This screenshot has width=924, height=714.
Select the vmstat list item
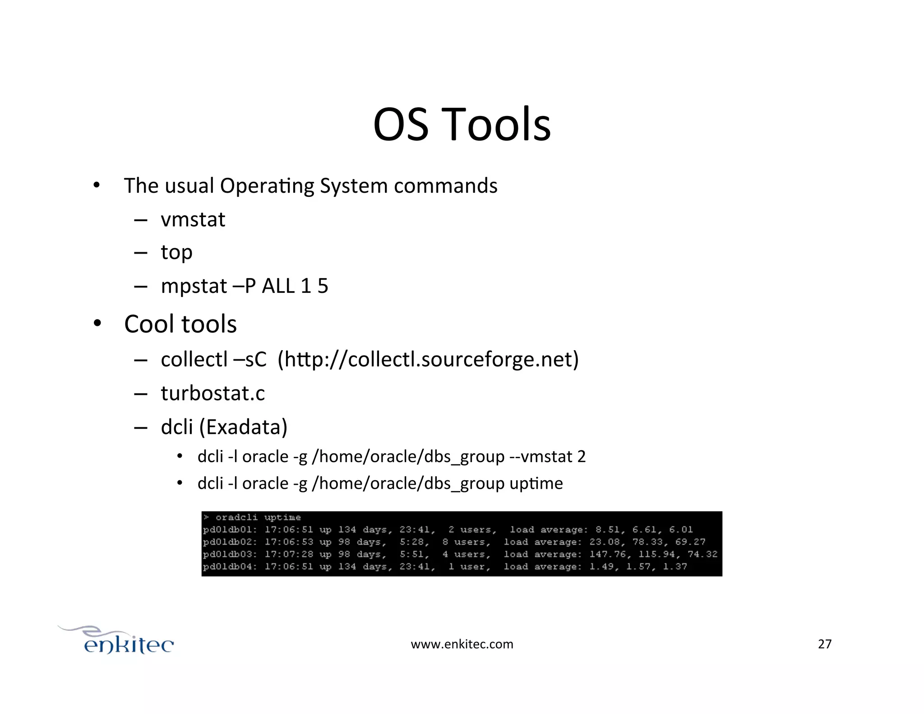pos(193,220)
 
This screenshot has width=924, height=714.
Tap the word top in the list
pos(176,252)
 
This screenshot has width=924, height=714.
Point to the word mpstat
pos(194,286)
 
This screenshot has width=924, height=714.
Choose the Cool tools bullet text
pos(180,324)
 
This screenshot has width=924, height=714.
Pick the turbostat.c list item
pos(213,393)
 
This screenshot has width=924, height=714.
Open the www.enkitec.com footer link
pos(462,644)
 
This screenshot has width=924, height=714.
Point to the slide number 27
pos(824,644)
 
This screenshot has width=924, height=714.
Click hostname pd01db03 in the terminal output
pos(229,554)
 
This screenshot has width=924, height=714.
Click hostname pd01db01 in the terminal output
pos(229,529)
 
